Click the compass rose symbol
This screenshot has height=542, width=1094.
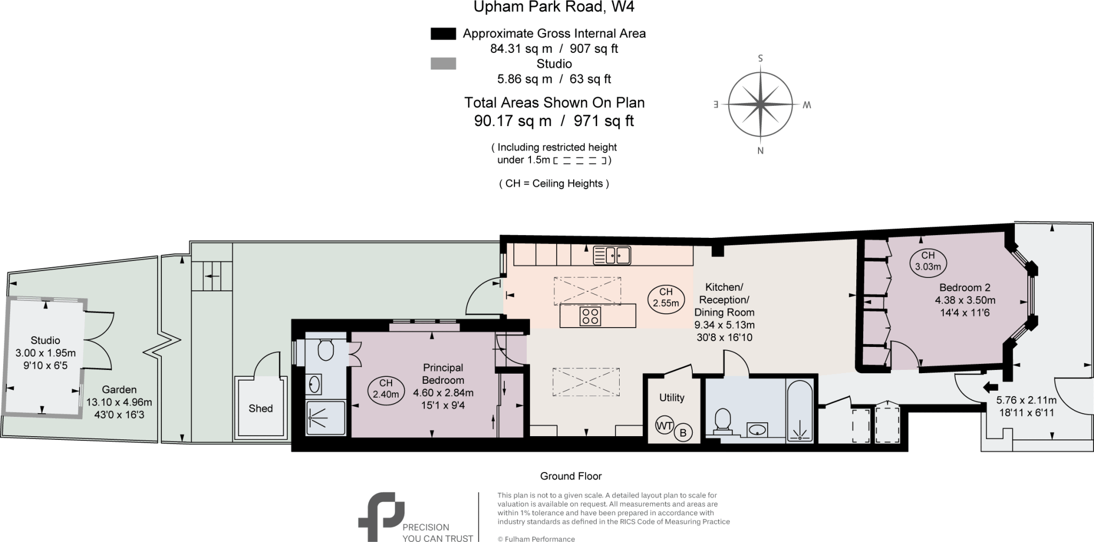click(x=760, y=104)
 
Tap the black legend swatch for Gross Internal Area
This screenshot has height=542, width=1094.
click(x=443, y=34)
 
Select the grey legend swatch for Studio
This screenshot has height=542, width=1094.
click(x=443, y=64)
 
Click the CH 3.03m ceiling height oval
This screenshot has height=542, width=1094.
click(x=928, y=261)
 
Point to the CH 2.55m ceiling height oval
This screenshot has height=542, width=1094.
click(x=666, y=298)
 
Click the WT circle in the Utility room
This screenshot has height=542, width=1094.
click(x=665, y=426)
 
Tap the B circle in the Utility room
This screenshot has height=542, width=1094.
click(x=683, y=432)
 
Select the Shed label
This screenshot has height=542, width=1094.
click(x=261, y=408)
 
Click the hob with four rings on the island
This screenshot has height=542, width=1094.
click(x=590, y=315)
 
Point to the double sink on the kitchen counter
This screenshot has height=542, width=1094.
click(x=612, y=255)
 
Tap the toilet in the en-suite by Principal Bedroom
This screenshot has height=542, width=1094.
click(x=325, y=350)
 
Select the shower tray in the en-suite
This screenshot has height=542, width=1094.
click(x=325, y=418)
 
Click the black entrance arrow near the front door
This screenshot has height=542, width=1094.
click(x=990, y=386)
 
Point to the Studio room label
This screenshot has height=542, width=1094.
click(x=45, y=340)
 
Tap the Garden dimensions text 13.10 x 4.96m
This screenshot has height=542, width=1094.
click(x=119, y=402)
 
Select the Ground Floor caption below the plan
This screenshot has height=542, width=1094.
click(x=571, y=476)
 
